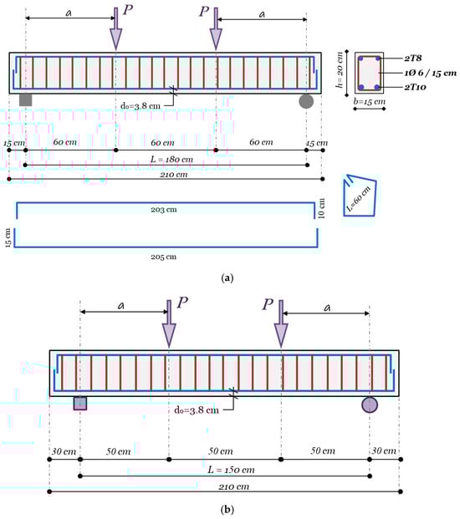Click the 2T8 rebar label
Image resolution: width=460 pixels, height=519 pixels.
(413, 59)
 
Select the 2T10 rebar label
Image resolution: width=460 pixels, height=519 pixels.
(415, 88)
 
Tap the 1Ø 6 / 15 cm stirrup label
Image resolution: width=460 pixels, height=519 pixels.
(430, 73)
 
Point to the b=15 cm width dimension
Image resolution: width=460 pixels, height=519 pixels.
(370, 102)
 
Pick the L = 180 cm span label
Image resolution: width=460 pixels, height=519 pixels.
(171, 159)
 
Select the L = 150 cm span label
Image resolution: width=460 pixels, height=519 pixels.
(231, 470)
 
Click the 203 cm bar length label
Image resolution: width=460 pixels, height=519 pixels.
(164, 210)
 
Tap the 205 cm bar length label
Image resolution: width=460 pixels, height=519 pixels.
(164, 257)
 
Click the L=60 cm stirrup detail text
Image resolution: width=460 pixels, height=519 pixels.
(358, 199)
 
